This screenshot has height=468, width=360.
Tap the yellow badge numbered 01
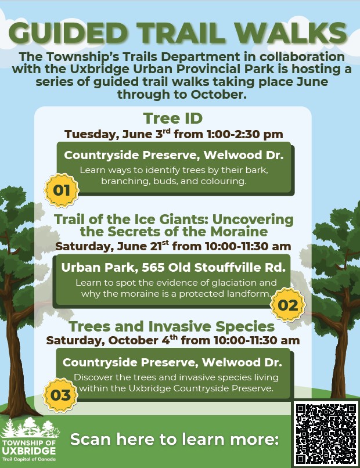(62, 190)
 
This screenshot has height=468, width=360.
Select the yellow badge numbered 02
(288, 305)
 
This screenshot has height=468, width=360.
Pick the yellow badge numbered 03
(60, 395)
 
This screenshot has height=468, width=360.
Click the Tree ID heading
(173, 118)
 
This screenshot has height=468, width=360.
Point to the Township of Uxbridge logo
(30, 440)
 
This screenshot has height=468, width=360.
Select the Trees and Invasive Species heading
(172, 326)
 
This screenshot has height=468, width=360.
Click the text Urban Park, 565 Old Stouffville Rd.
(174, 267)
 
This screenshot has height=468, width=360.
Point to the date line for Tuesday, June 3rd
(174, 134)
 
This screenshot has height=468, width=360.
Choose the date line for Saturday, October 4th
(173, 340)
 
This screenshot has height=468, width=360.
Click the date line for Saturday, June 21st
(173, 246)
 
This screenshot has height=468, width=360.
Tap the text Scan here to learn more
(175, 439)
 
